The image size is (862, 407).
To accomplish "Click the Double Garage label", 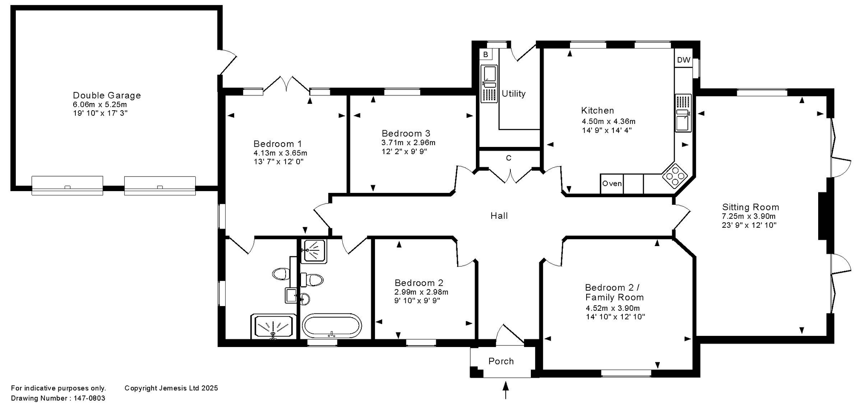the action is tap(107, 95).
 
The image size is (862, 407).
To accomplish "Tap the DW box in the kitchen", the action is tap(684, 60).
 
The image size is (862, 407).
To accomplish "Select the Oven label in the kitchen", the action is tap(612, 183).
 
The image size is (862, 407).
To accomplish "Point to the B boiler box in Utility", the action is tap(486, 54).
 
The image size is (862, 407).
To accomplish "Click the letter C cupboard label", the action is tap(509, 158).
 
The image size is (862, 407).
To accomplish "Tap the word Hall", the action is tap(499, 216).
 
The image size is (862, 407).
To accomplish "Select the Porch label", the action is tap(501, 361).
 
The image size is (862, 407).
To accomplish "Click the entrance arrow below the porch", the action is tap(506, 390).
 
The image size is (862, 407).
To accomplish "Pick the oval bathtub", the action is tap(332, 326).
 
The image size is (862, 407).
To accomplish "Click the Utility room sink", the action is tap(489, 83).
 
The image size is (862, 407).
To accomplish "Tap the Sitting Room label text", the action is tap(750, 207).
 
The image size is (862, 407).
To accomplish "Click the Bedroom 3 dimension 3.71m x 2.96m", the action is tap(409, 143).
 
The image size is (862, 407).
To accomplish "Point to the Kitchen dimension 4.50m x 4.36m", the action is tap(609, 121).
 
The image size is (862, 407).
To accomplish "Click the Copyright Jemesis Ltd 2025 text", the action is tap(171, 388).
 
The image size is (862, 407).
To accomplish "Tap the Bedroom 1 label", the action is tap(278, 144).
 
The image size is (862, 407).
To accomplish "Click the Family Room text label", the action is tap(614, 298).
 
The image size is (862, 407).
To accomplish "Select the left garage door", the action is tap(67, 186).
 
